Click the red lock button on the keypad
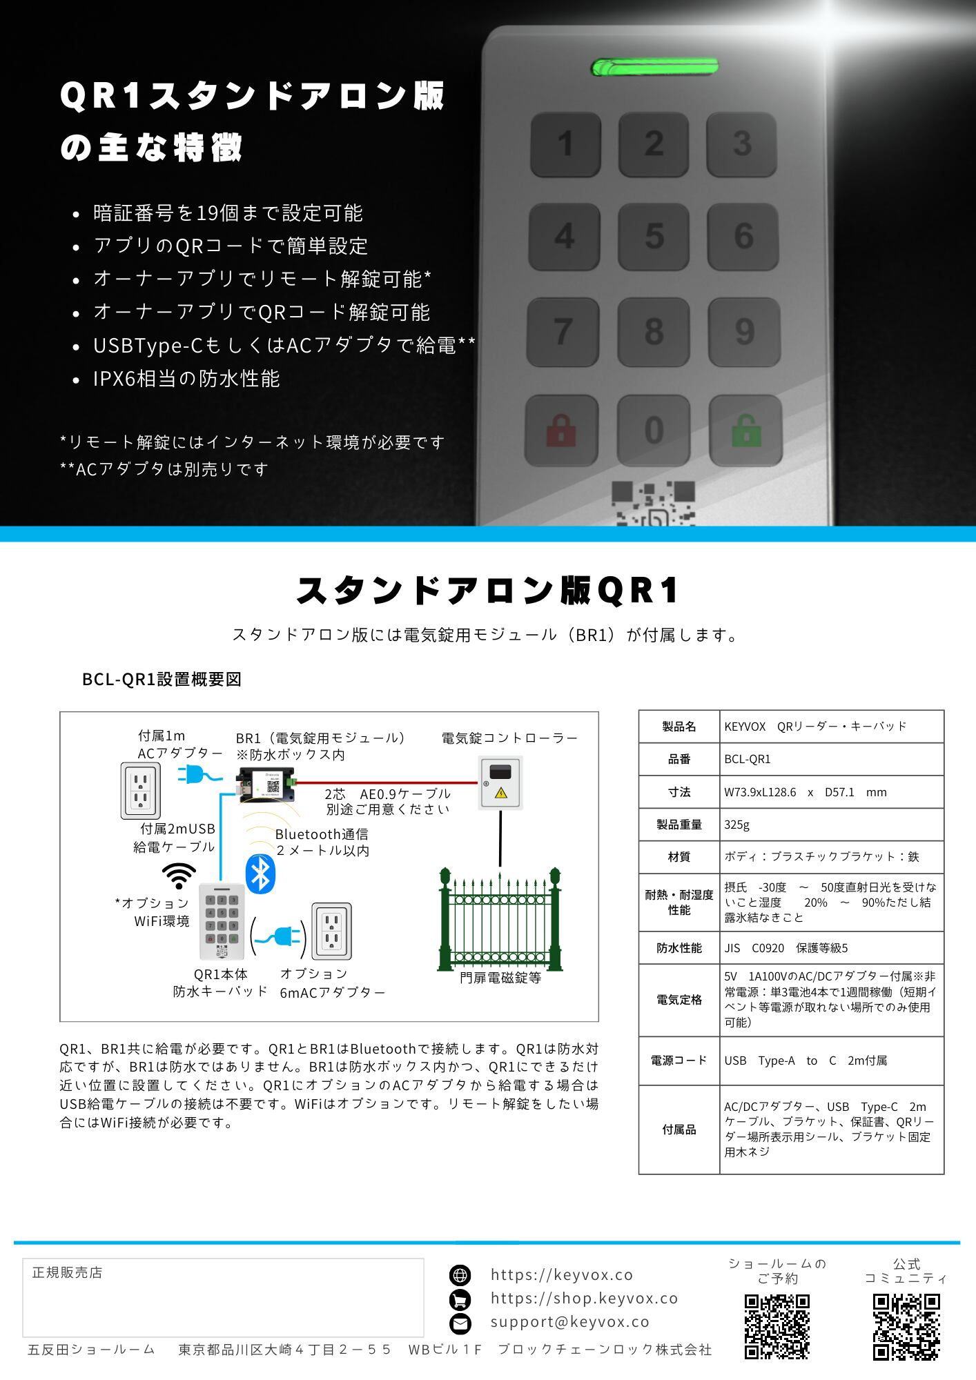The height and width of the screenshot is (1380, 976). tap(561, 431)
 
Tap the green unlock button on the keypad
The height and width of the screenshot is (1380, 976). tap(745, 431)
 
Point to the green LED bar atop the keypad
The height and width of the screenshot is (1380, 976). tap(654, 68)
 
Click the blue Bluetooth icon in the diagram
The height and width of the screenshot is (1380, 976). tap(261, 874)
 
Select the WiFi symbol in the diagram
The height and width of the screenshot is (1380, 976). tap(179, 876)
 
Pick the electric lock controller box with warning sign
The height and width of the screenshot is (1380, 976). tap(501, 782)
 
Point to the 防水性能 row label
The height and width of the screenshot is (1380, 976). tap(679, 948)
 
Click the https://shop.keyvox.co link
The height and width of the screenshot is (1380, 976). tap(584, 1299)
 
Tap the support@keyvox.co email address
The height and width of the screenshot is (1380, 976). tap(570, 1322)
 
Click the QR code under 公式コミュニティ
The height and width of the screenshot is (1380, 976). tap(906, 1327)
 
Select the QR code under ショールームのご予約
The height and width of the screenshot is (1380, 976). tap(777, 1327)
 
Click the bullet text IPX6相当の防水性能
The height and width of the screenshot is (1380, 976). tap(186, 379)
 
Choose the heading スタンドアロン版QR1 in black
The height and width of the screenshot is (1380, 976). tap(487, 591)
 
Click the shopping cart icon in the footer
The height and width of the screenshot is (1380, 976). tap(460, 1299)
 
